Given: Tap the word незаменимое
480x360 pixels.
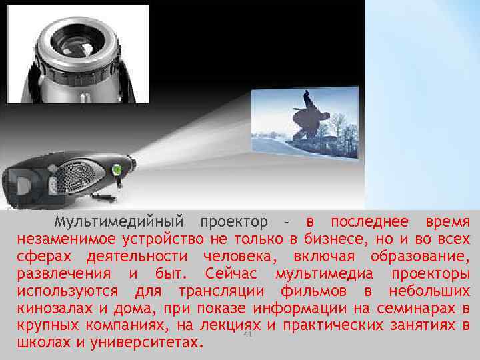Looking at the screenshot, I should coord(60,239).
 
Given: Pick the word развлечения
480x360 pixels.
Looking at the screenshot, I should coord(64,274).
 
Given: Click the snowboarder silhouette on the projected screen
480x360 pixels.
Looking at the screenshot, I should coord(308,119).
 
